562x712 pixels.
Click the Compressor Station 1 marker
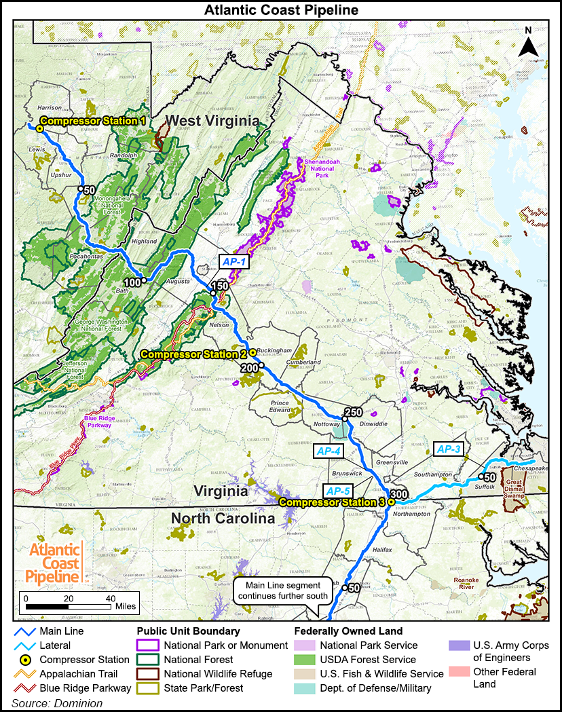point(40,128)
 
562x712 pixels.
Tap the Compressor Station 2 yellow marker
point(252,352)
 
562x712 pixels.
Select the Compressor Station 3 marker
point(391,502)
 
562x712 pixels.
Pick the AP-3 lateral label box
point(448,449)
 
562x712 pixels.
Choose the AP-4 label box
point(327,450)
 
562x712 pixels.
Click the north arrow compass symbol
point(528,44)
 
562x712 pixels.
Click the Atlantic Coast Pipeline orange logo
point(53,563)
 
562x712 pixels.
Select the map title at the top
point(281,10)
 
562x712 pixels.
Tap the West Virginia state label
point(213,121)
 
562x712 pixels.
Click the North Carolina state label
point(223,519)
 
